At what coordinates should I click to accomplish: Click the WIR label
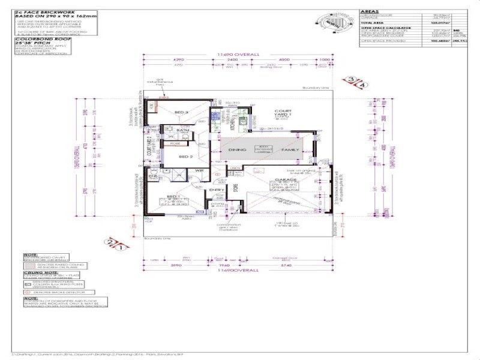point(197,171)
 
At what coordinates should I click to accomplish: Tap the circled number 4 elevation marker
point(362,85)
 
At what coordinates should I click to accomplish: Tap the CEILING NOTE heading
point(33,272)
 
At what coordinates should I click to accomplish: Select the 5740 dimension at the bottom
point(289,265)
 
